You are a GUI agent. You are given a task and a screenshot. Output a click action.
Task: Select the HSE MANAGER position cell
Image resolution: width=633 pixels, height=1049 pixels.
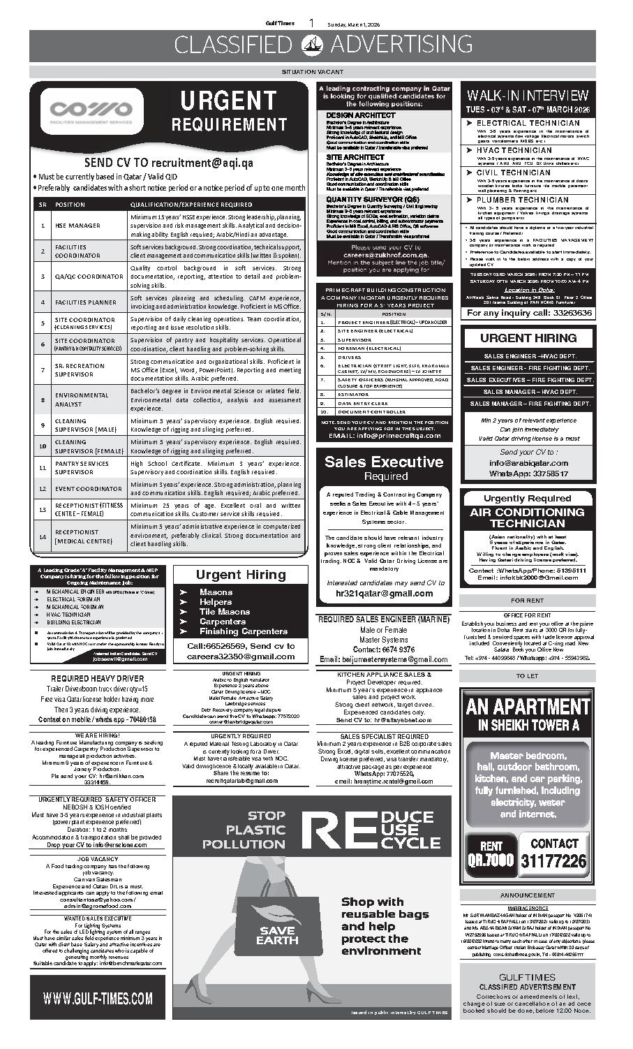tap(77, 226)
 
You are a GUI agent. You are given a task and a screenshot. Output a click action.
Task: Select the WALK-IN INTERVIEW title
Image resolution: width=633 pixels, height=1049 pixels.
tap(528, 95)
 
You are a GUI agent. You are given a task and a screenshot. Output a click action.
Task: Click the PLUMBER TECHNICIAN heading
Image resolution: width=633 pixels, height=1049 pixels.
tap(522, 200)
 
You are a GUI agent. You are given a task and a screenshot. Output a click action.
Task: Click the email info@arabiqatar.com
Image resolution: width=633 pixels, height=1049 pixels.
tap(528, 462)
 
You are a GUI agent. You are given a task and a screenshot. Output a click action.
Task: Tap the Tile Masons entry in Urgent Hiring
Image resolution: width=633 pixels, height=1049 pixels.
tap(225, 611)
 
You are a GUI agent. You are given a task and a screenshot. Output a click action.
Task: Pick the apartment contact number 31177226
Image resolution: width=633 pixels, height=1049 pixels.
tap(553, 860)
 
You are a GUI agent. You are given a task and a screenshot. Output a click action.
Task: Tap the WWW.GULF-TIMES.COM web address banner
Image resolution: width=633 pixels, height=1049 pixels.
tap(98, 997)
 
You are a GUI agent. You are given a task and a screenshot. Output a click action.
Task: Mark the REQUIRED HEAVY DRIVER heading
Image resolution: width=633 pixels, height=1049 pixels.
tap(98, 678)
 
